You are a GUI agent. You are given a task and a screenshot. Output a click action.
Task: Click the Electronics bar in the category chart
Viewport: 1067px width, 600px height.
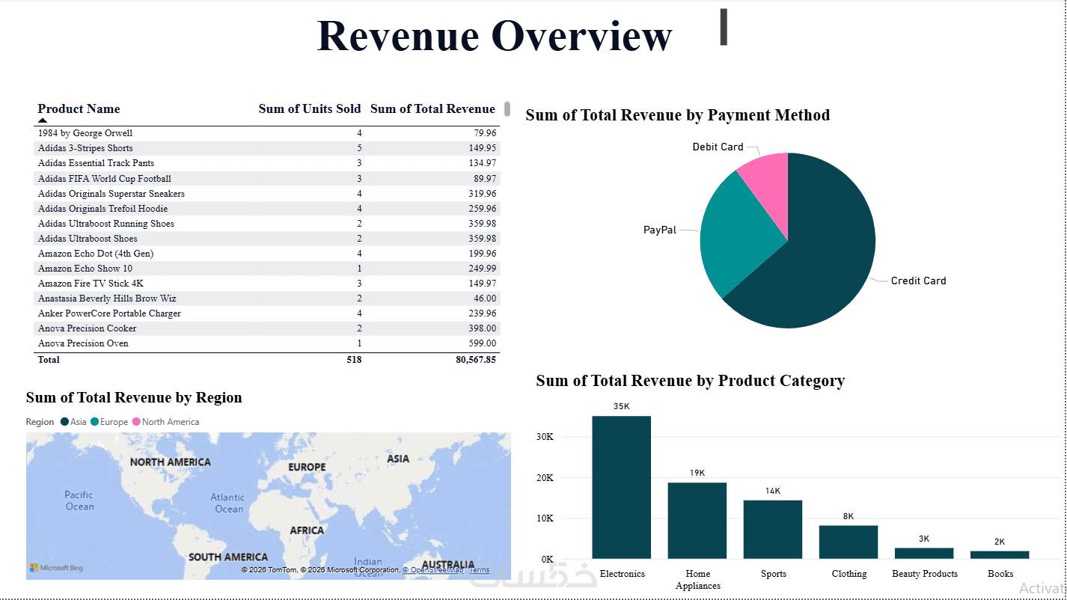[621, 486]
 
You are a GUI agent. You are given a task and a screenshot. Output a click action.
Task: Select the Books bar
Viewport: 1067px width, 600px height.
[1000, 554]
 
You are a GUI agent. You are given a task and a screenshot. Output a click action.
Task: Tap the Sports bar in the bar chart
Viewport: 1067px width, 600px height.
[772, 529]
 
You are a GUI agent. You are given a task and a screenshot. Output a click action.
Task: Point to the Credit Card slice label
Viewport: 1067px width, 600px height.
[918, 281]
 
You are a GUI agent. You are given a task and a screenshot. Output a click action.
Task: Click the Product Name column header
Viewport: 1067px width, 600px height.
[79, 109]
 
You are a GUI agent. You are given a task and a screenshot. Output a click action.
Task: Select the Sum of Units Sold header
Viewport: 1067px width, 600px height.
[309, 109]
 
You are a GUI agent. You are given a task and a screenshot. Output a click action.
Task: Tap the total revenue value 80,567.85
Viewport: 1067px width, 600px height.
[465, 360]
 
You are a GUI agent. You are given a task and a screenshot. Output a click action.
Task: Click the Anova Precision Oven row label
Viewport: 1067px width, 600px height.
[83, 343]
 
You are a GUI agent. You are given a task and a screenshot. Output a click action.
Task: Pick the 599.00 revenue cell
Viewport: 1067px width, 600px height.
[480, 343]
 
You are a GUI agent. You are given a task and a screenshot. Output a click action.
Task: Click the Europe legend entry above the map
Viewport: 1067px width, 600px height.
[109, 422]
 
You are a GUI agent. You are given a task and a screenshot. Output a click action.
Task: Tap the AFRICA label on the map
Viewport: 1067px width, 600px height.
[307, 530]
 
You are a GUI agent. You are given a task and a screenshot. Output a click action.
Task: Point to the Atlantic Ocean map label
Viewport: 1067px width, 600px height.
[227, 503]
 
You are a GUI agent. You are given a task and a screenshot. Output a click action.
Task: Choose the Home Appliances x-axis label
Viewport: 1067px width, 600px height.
[697, 580]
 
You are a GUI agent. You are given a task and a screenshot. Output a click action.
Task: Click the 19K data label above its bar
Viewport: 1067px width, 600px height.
[697, 473]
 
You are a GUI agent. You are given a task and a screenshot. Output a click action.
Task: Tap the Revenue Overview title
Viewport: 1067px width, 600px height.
[494, 35]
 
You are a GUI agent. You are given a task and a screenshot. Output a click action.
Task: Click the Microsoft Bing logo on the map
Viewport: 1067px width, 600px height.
[57, 568]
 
